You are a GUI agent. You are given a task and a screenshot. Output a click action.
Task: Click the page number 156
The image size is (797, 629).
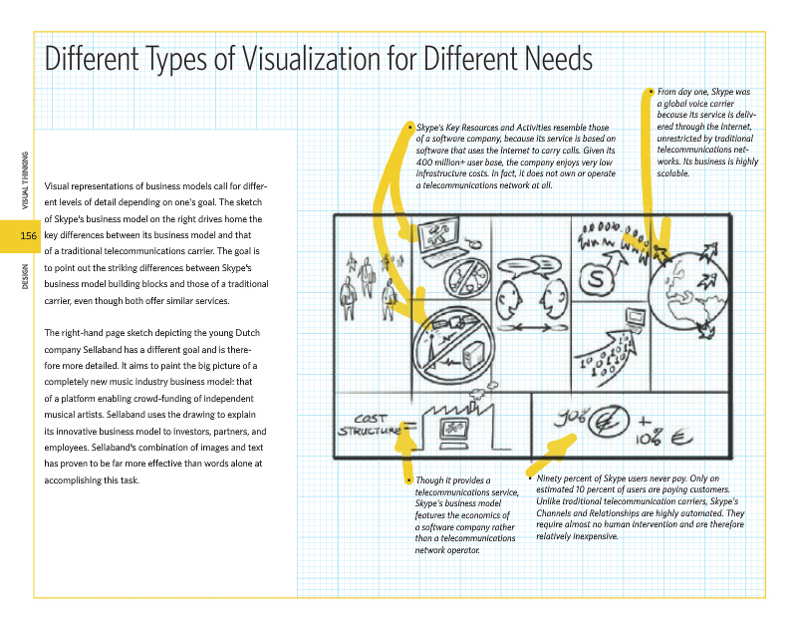tap(28, 236)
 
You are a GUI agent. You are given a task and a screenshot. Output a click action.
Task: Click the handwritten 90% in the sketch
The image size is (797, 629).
tap(570, 417)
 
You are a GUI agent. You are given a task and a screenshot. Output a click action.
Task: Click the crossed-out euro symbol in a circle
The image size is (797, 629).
tap(603, 426)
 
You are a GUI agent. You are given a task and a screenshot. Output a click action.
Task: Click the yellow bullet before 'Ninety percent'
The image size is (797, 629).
tap(528, 478)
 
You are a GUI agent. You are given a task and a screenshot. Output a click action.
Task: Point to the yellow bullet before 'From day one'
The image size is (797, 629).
tap(650, 91)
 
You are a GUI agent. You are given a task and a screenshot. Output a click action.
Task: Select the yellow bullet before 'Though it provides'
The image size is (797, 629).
tap(408, 479)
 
